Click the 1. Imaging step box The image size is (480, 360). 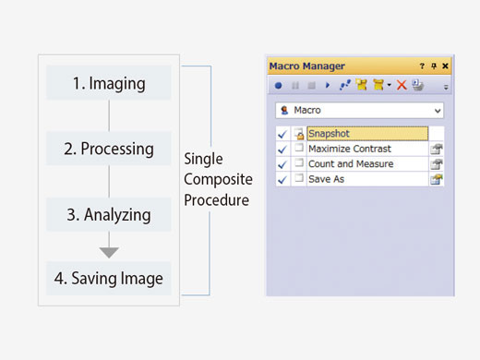point(109,83)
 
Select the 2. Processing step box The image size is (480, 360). point(109,148)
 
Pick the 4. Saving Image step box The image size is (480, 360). point(109,278)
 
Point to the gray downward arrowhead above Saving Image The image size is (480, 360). point(109,252)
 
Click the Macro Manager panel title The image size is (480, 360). point(306,66)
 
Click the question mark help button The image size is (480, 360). point(423,66)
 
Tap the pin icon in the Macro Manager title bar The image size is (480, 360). point(434,66)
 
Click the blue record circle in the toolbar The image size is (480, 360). point(279,85)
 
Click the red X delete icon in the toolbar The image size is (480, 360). point(402,85)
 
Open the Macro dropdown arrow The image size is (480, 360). point(437,111)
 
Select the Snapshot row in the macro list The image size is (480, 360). point(366,134)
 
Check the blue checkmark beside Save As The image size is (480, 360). point(282,178)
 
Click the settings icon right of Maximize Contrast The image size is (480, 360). point(436,149)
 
